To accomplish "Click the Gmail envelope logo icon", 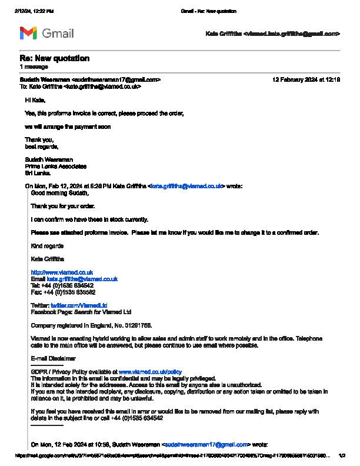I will pyautogui.click(x=28, y=34).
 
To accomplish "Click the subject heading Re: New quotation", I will pyautogui.click(x=55, y=58).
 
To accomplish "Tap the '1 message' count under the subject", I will pyautogui.click(x=34, y=67).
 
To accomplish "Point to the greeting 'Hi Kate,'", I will pyautogui.click(x=35, y=100).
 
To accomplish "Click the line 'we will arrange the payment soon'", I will pyautogui.click(x=68, y=127).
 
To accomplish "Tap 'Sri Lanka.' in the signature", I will pyautogui.click(x=38, y=173).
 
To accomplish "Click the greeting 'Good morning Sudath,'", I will pyautogui.click(x=59, y=193).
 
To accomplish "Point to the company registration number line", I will pyautogui.click(x=91, y=325).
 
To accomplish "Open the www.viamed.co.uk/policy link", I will pyautogui.click(x=150, y=372).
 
